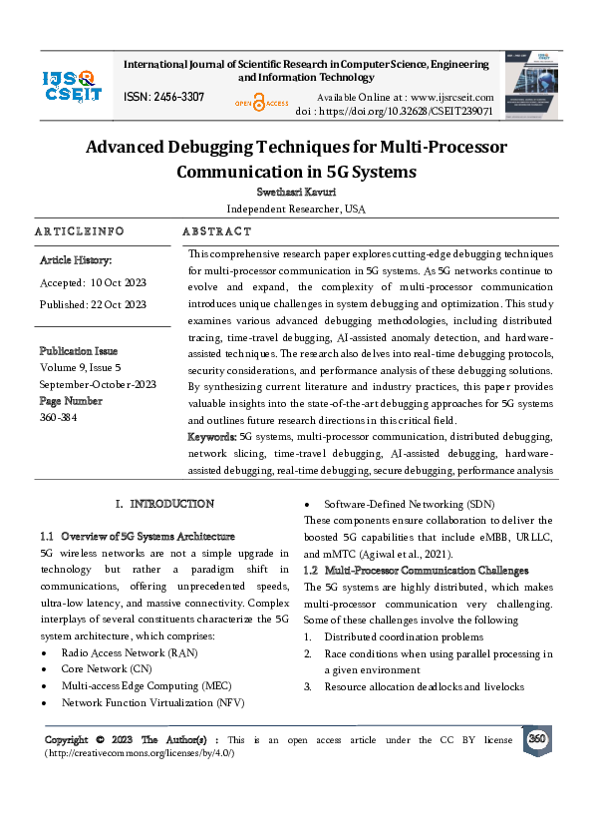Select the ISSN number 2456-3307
(164, 97)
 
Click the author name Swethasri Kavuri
(295, 193)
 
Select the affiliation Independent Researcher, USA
(295, 210)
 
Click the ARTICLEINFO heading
(79, 231)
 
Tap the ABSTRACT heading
(216, 231)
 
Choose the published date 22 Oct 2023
(119, 304)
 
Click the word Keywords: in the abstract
(212, 437)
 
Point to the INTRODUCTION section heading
(171, 504)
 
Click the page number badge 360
(536, 739)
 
